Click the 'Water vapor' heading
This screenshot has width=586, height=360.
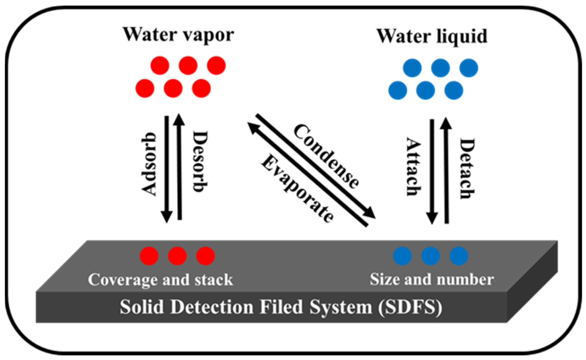[178, 35]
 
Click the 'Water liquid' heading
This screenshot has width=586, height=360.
[432, 37]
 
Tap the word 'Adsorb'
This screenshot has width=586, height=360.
[149, 164]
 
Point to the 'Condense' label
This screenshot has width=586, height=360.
[326, 156]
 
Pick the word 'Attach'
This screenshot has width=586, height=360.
[413, 167]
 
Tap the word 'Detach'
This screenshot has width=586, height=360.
[467, 168]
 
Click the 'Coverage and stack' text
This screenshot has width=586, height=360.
[160, 280]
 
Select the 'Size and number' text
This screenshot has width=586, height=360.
[432, 279]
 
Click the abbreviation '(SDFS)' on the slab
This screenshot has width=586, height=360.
[410, 307]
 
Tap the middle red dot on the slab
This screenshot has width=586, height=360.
[177, 256]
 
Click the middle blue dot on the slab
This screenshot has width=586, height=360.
[430, 256]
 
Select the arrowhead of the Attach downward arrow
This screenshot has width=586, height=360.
[432, 218]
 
